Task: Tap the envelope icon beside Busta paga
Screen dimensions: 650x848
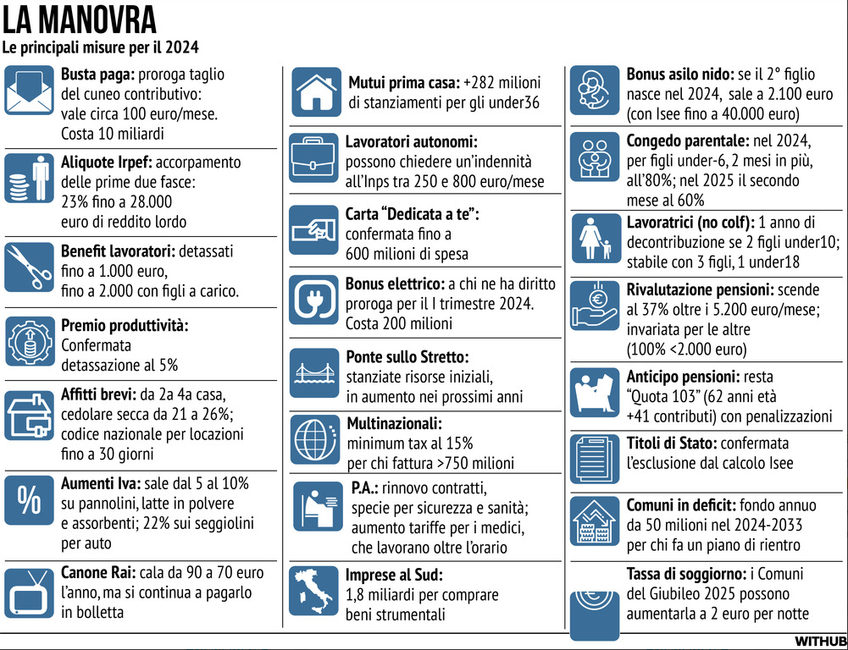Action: point(29,91)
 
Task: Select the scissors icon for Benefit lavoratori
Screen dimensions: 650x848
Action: point(29,267)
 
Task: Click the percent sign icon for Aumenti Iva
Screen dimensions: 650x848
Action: point(29,500)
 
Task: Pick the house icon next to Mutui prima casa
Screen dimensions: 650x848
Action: point(316,91)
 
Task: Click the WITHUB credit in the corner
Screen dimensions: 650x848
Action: point(820,640)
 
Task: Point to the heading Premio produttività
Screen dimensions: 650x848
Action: point(125,325)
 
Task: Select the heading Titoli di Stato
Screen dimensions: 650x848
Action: point(672,443)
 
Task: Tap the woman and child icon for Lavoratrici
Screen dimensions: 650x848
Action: point(594,240)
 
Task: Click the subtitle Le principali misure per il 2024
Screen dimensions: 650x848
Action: point(101,47)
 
